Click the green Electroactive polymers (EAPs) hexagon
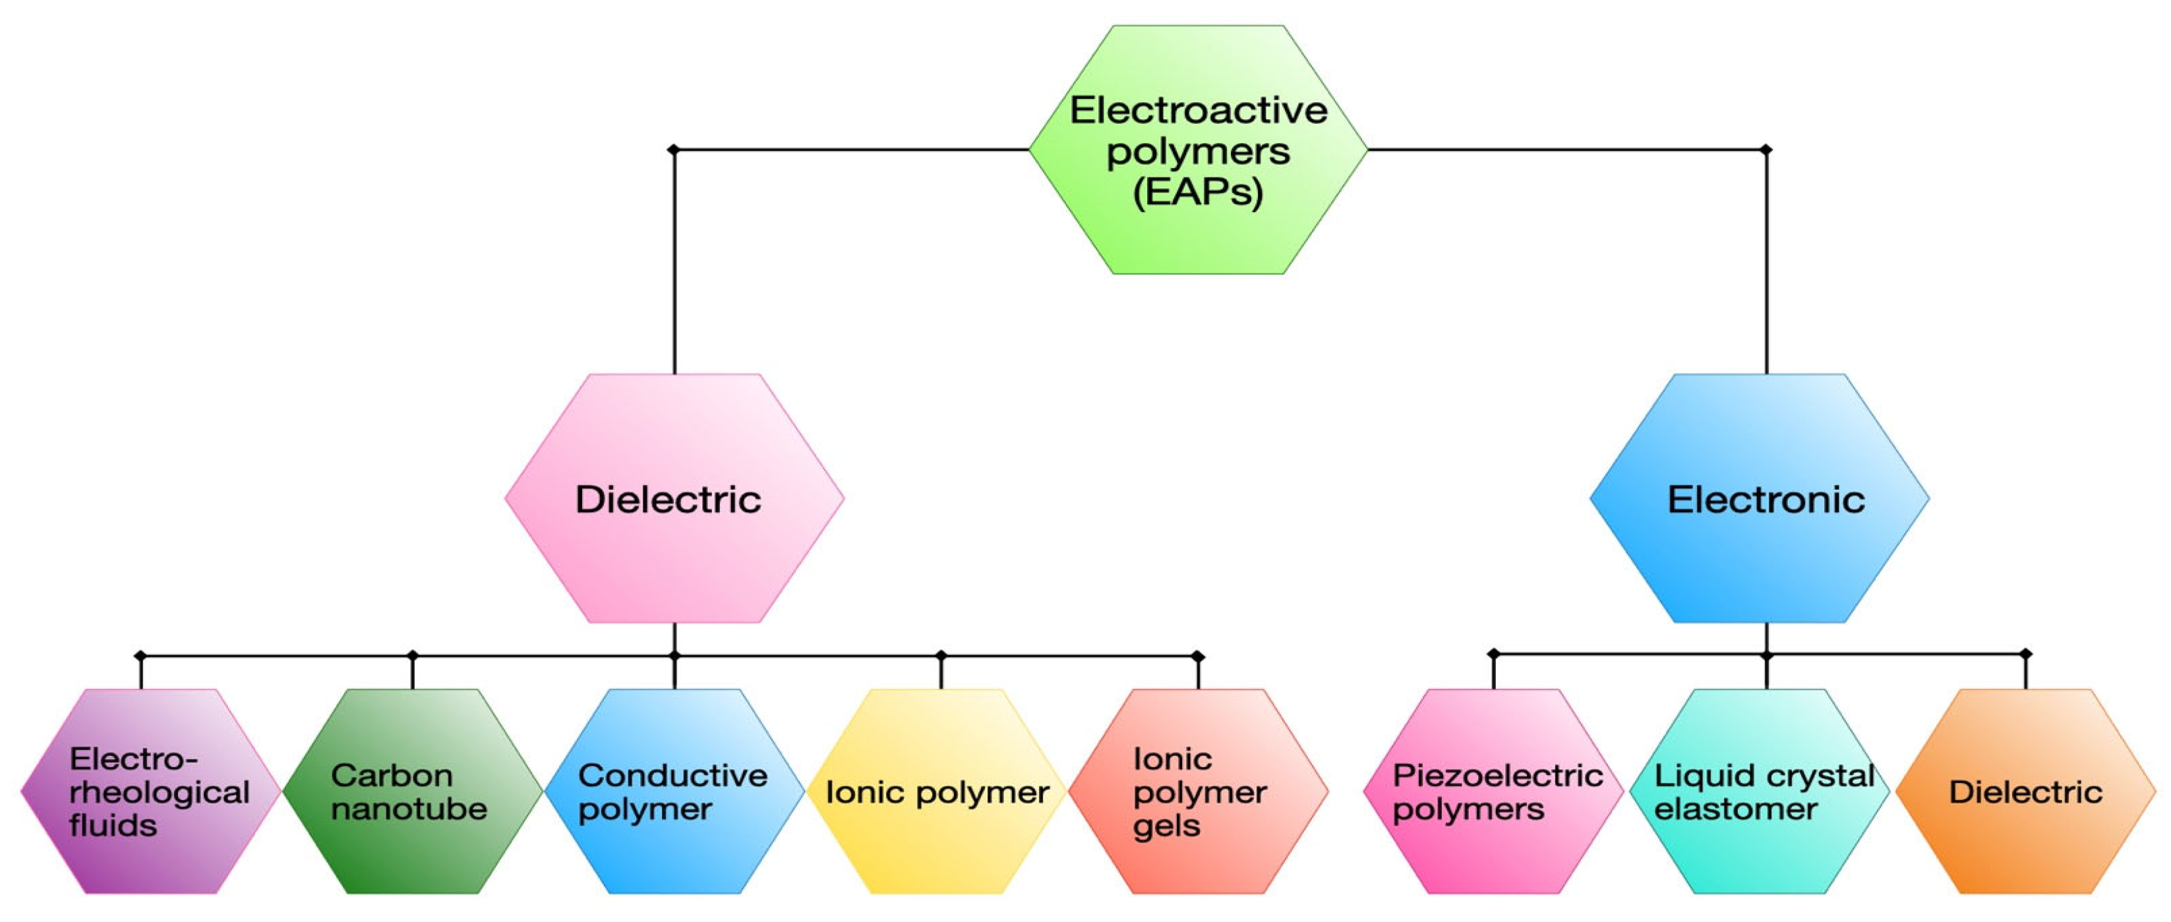point(1198,150)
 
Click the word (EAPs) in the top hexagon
point(1198,192)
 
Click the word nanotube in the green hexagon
point(409,809)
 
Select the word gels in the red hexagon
point(1166,826)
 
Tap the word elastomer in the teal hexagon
point(1735,809)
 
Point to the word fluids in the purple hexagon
point(113,826)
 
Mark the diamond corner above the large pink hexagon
point(673,150)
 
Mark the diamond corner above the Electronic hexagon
point(1766,150)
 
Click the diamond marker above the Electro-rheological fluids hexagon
point(140,656)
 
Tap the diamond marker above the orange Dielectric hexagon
point(2026,654)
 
